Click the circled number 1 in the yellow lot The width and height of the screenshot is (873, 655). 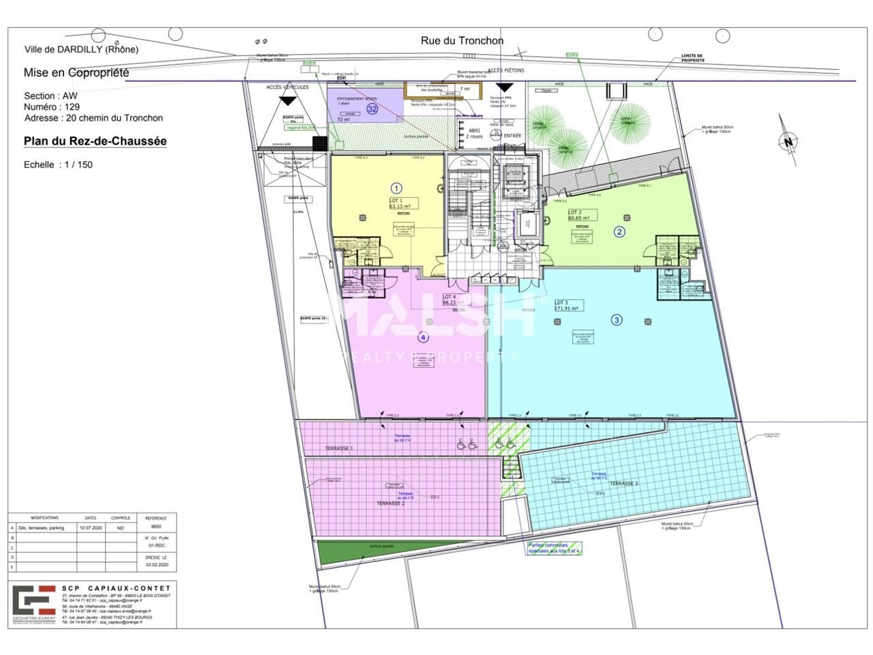click(x=396, y=188)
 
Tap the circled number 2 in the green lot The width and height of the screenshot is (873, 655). click(x=619, y=231)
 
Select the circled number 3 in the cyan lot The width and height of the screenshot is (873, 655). click(x=617, y=319)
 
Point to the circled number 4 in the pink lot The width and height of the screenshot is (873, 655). click(x=423, y=337)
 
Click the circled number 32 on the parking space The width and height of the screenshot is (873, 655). click(x=372, y=108)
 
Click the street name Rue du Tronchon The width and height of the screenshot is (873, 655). click(x=462, y=41)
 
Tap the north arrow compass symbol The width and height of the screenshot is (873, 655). click(x=788, y=141)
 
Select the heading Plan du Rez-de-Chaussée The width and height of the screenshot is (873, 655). click(x=95, y=141)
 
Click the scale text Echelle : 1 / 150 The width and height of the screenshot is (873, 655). click(x=58, y=164)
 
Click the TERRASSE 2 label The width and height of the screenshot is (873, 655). click(x=391, y=503)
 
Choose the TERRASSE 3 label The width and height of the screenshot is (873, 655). click(x=623, y=483)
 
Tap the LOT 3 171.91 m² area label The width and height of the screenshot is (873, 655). click(x=567, y=305)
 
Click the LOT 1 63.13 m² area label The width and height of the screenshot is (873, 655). click(x=402, y=203)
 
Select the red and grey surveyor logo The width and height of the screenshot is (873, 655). click(x=34, y=602)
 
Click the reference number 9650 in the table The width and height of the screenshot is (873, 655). click(x=156, y=527)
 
